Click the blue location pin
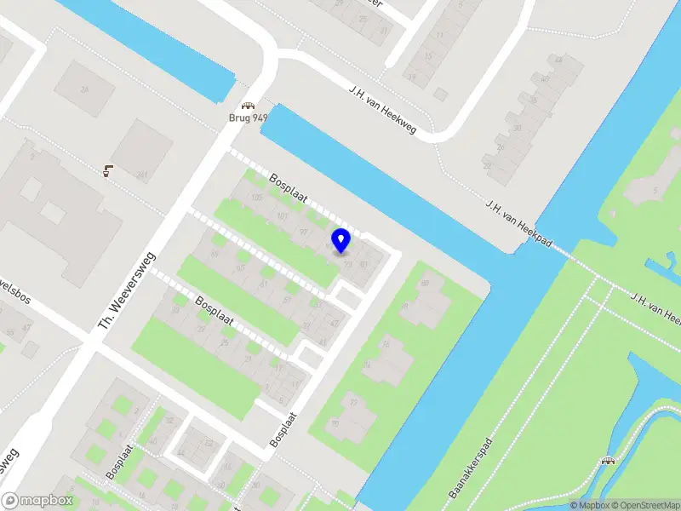pos(340,240)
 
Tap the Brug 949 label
pos(248,119)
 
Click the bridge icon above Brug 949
pos(248,106)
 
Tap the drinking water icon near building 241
pos(108,169)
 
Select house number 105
pos(256,198)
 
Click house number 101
pos(282,215)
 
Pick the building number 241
pos(142,176)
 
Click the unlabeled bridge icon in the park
pos(607,461)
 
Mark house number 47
pos(334,324)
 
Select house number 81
pos(363,264)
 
